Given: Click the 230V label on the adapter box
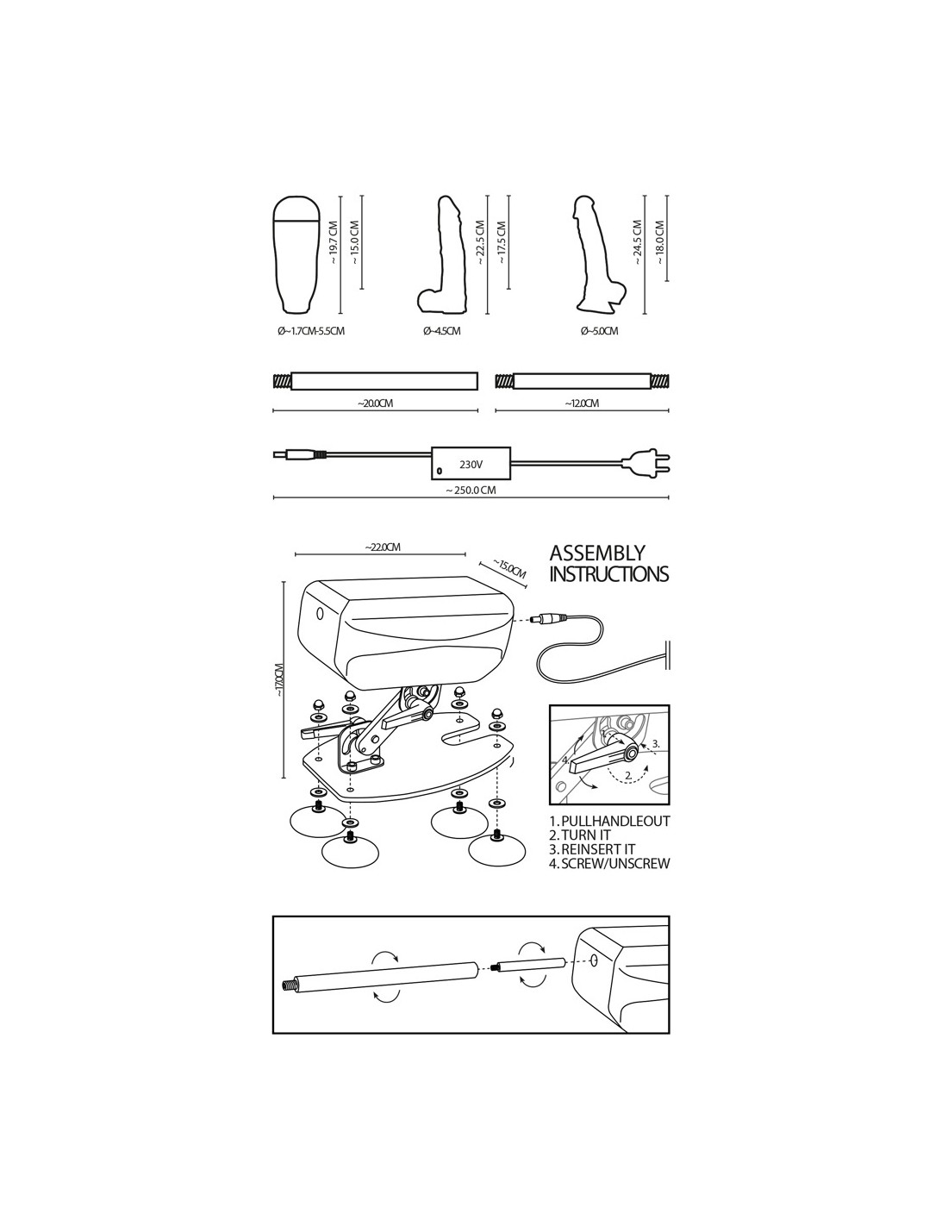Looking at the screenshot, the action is tap(470, 466).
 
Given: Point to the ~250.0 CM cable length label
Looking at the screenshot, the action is tap(471, 490).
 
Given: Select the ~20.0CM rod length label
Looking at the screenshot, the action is tap(375, 403).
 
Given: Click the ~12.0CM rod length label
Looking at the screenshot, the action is tap(582, 403).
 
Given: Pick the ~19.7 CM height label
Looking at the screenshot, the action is tap(334, 242).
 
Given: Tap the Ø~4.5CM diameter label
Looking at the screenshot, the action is tap(441, 331).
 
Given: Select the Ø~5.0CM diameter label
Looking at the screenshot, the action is tap(599, 331).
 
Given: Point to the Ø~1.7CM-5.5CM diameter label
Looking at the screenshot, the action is tap(311, 331).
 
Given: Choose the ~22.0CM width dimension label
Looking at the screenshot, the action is tap(383, 547).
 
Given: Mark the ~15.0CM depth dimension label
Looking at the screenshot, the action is tap(508, 569).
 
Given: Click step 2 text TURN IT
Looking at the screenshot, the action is tap(580, 835).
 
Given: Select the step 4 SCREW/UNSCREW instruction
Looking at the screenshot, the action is tap(609, 864).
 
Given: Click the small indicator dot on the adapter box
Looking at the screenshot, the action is tap(440, 470).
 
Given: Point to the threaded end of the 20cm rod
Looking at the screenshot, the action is tap(282, 381).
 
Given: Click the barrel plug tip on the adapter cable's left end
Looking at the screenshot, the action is tap(280, 453).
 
